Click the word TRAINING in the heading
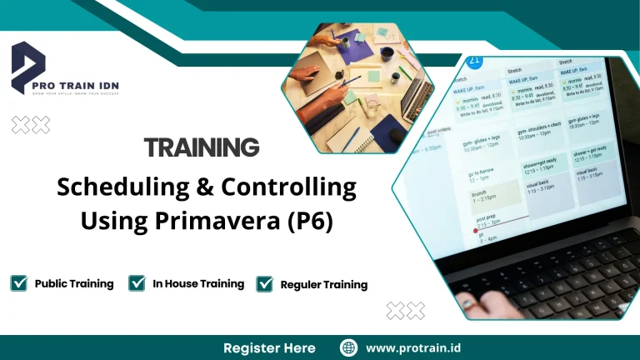pyautogui.click(x=202, y=148)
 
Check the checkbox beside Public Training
pyautogui.click(x=18, y=283)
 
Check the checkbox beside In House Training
pyautogui.click(x=137, y=283)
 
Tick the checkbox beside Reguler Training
pyautogui.click(x=265, y=284)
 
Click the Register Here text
pyautogui.click(x=269, y=347)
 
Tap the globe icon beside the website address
pyautogui.click(x=349, y=347)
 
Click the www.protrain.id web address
pyautogui.click(x=413, y=347)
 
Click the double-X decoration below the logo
pyautogui.click(x=31, y=125)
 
